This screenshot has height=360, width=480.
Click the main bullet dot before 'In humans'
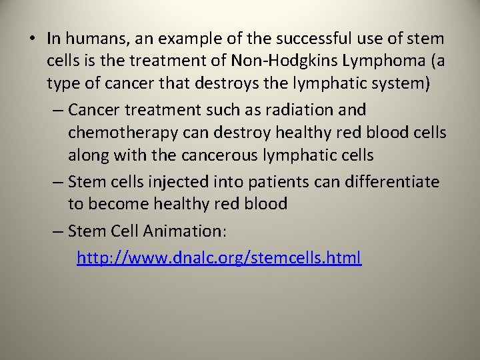pyautogui.click(x=33, y=39)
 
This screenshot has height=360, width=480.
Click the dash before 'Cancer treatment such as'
pyautogui.click(x=57, y=109)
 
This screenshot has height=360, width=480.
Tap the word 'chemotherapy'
pyautogui.click(x=122, y=133)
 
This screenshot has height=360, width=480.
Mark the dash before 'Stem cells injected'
pyautogui.click(x=57, y=180)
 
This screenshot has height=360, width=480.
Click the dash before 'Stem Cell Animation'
pyautogui.click(x=57, y=231)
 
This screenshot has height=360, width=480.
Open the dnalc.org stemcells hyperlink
pyautogui.click(x=219, y=257)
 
